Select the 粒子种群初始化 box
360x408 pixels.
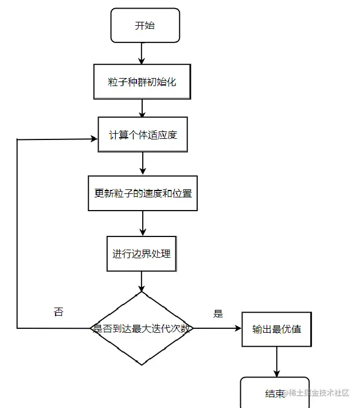(x=142, y=81)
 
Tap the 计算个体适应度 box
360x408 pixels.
(x=142, y=135)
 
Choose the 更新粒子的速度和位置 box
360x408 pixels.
(x=143, y=193)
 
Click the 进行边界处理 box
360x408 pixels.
(x=142, y=252)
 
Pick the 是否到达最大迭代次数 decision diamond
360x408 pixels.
(x=142, y=329)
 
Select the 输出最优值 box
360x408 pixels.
(x=277, y=329)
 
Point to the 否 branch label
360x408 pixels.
(x=58, y=312)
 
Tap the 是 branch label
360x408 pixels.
(x=218, y=314)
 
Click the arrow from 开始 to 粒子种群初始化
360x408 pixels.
(x=142, y=53)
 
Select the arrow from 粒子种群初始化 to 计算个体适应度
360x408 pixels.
(x=142, y=108)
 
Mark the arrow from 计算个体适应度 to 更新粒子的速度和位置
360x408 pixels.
(x=142, y=164)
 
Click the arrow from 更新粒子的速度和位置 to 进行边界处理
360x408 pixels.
(x=142, y=223)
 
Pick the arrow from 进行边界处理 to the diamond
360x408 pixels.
(x=142, y=281)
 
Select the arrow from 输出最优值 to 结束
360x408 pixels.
(x=277, y=362)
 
